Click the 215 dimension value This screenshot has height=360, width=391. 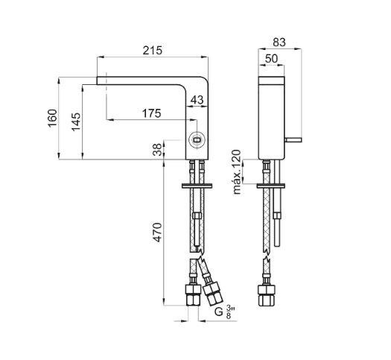pos(153,51)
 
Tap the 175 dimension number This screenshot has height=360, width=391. pos(152,113)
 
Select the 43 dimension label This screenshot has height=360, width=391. pos(197,101)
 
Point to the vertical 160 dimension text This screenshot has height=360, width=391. pos(53,119)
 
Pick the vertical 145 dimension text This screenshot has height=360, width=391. pos(76,122)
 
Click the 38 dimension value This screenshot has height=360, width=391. pos(158,150)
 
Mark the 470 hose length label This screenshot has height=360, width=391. pos(158,233)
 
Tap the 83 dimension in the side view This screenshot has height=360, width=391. pos(279,42)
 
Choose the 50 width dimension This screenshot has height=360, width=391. pos(271,59)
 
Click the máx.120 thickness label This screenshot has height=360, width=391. pos(237,172)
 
